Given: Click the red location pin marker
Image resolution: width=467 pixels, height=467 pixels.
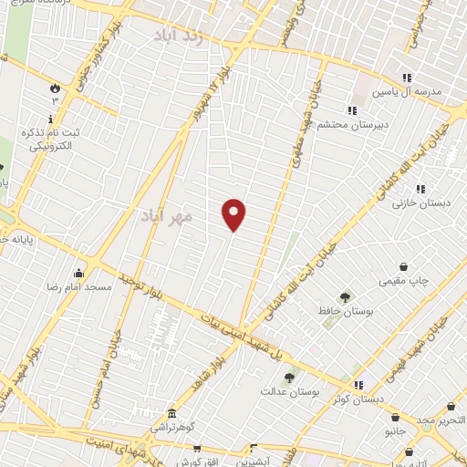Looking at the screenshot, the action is (233, 214).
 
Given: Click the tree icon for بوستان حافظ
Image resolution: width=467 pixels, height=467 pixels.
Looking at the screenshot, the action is (345, 296).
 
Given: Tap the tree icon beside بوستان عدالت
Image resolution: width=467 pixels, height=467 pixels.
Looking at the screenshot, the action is (289, 375).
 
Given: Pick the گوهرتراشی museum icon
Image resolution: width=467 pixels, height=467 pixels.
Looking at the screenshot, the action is (170, 412).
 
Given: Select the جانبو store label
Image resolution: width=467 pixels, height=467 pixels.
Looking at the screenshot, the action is (394, 429).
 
